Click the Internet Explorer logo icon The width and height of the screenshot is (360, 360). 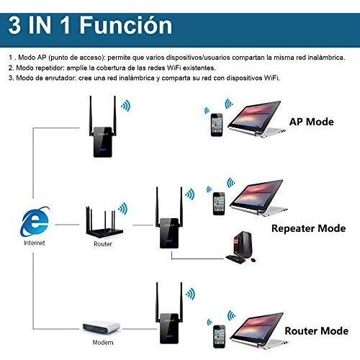[x=35, y=222]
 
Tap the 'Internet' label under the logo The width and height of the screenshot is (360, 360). [x=35, y=243]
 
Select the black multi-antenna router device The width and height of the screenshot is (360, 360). [x=104, y=222]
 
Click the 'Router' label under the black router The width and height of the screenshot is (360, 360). [x=103, y=244]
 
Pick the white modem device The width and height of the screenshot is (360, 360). [x=101, y=328]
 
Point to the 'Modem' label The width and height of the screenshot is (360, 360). [x=103, y=343]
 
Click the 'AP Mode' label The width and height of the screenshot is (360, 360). [x=312, y=122]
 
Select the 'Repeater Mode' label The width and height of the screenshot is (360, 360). [x=309, y=228]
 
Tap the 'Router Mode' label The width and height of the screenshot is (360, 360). [x=317, y=331]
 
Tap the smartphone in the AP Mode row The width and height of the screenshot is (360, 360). [x=217, y=125]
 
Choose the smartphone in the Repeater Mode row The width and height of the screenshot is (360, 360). [x=219, y=204]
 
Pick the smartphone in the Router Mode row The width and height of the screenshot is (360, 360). [x=219, y=336]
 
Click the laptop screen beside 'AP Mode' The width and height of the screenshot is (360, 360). [x=254, y=115]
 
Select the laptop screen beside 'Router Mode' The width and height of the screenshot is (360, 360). [x=257, y=327]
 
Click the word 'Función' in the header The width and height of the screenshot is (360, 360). [x=126, y=25]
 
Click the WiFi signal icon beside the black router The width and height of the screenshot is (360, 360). [x=123, y=208]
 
